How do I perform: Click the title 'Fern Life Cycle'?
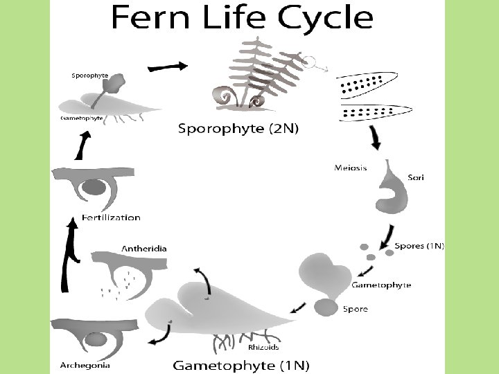pos(242,17)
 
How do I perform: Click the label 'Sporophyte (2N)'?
pos(238,128)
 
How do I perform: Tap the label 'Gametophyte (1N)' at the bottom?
pos(240,364)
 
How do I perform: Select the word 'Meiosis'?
pos(350,168)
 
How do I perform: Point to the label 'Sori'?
pos(416,177)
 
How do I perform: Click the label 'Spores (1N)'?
pos(419,246)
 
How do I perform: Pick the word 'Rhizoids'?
pos(263,347)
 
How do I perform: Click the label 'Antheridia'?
pos(144,248)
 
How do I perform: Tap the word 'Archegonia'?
pos(85,365)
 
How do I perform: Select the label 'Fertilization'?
pos(111,217)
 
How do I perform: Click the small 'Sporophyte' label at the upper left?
pos(90,74)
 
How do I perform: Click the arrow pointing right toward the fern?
pos(168,66)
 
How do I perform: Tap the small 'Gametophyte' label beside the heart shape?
pos(381,285)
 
